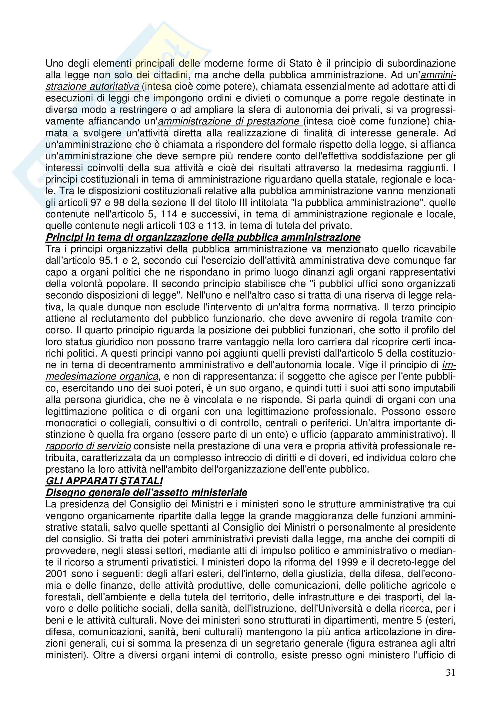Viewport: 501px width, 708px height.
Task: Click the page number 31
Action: [x=450, y=673]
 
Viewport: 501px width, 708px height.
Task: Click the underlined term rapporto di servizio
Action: [x=88, y=446]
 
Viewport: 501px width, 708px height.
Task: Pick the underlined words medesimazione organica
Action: [x=102, y=377]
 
